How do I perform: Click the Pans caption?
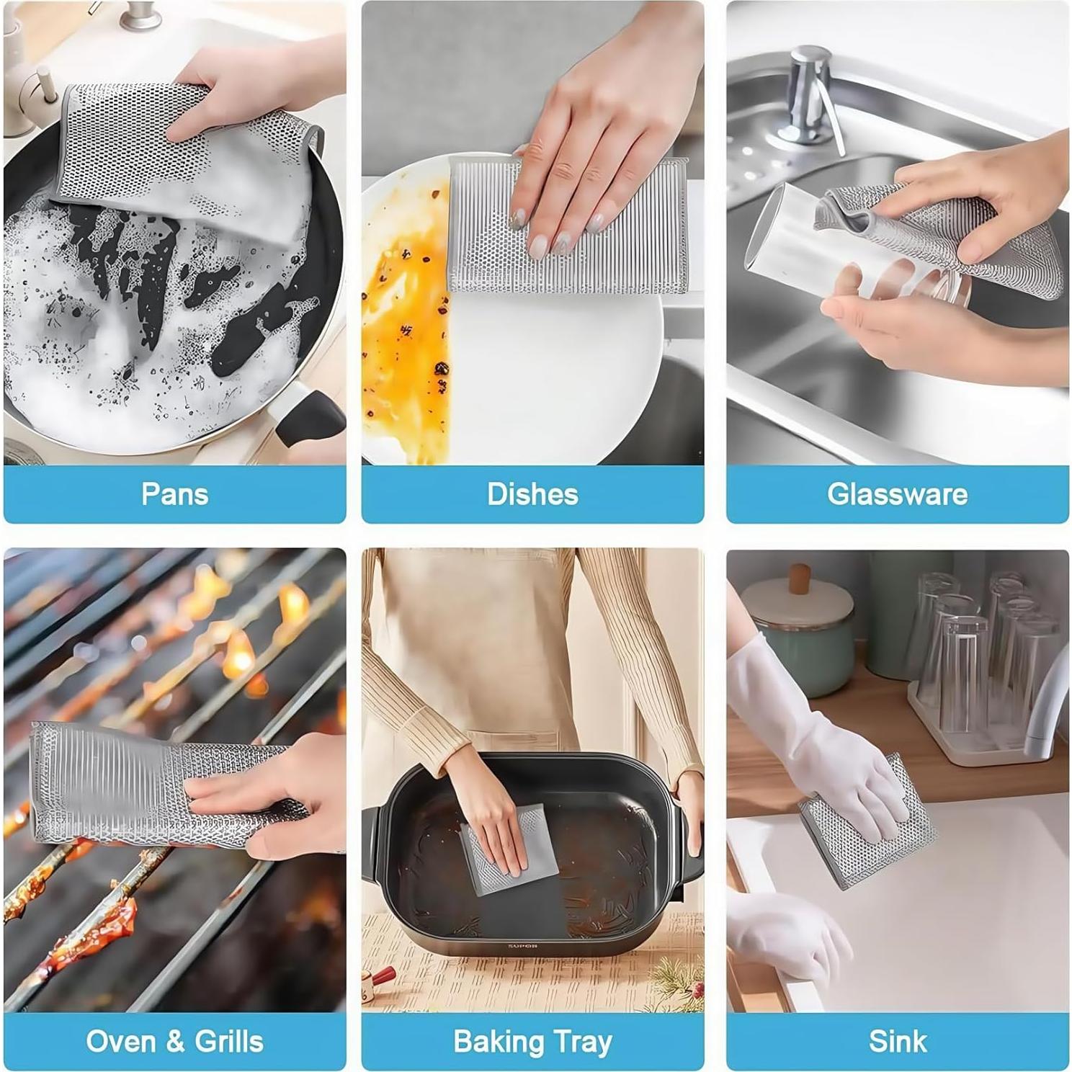coord(174,494)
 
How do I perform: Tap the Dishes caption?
coord(532,494)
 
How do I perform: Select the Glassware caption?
coord(897,494)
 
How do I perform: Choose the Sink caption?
coord(897,1041)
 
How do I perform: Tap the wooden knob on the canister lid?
coord(799,578)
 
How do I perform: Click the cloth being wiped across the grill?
coord(108,785)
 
